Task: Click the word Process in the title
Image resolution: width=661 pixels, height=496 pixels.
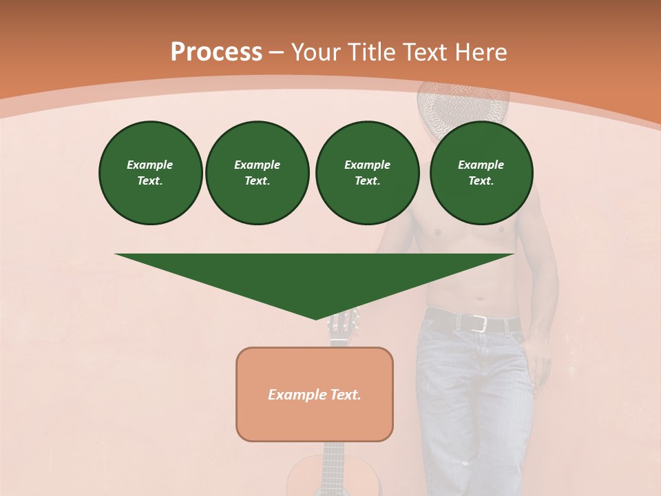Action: click(216, 52)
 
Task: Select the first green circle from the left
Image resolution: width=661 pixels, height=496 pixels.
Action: click(150, 173)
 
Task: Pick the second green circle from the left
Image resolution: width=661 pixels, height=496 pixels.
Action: click(258, 173)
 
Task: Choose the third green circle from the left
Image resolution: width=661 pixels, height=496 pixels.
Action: click(367, 173)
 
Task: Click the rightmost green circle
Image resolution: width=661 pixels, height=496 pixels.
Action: click(481, 173)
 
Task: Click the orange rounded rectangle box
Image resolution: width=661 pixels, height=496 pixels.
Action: click(315, 394)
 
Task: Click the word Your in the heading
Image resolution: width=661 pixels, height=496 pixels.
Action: click(316, 52)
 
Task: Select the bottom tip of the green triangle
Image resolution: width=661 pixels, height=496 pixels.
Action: click(315, 318)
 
